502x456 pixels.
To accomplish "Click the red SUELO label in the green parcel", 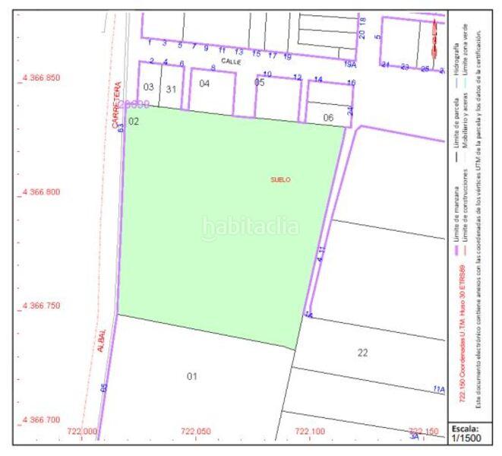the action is coord(281,179).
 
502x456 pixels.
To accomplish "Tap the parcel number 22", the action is coord(362,352).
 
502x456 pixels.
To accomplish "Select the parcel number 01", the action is coord(192,376).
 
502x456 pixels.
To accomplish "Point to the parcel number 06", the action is coord(328,117).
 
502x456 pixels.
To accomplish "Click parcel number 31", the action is coord(172,89).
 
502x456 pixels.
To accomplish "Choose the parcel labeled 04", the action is coord(204,84).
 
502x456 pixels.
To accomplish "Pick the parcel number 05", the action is coord(260,83).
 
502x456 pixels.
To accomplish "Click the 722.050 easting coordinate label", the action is coord(196,431).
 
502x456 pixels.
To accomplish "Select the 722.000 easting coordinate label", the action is coord(82,431).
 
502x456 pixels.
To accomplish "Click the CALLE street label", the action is coord(230,59).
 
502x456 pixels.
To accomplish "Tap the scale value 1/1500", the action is coord(466,437).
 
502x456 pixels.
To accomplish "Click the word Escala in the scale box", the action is coord(465,427).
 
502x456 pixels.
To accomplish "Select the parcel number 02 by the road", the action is coord(134,121).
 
